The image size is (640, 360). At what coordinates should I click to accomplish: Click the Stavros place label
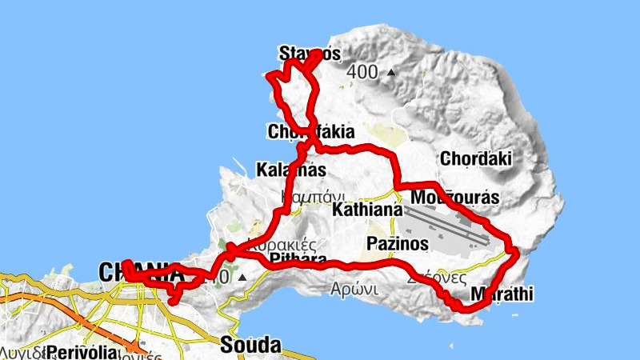coord(309,54)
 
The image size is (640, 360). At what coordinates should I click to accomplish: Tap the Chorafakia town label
coord(311,131)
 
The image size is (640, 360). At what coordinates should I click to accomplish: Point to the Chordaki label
coord(475,158)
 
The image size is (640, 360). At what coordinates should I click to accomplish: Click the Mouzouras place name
coord(454,197)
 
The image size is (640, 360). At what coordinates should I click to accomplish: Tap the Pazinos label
coord(398,242)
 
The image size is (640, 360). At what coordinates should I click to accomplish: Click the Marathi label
coord(502,294)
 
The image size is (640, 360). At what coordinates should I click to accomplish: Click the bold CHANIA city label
coord(140,273)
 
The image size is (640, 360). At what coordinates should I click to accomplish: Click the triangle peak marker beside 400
coord(390,73)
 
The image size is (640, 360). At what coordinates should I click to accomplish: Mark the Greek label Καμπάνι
coord(313,195)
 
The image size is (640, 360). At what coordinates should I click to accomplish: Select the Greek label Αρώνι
coord(356,290)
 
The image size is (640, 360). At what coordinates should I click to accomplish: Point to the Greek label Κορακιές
coord(285,245)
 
